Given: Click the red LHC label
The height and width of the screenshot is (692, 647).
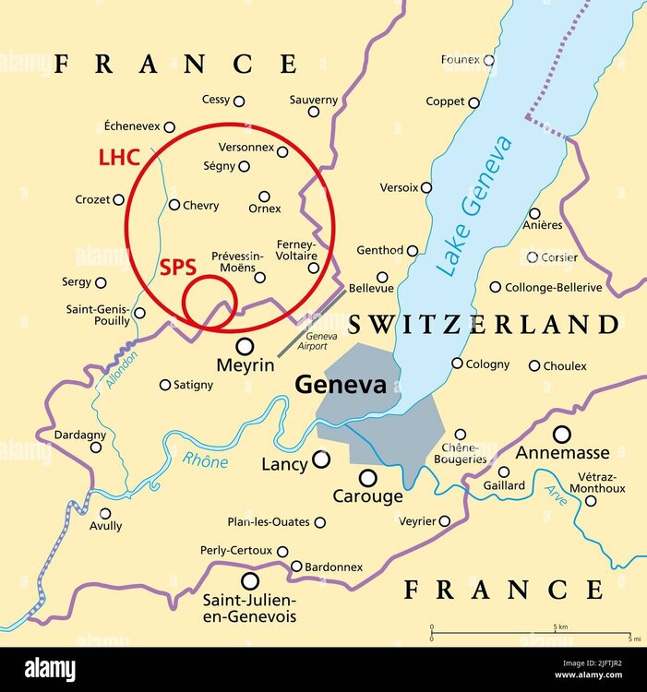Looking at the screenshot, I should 119,158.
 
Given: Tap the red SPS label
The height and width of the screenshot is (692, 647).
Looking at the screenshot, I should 178,268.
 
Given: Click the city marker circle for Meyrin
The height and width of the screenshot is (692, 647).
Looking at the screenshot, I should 245,346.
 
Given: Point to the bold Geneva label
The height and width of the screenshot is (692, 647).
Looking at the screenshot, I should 340,386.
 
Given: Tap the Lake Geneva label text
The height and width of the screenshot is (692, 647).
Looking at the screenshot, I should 476,206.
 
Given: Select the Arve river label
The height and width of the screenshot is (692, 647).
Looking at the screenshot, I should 555,495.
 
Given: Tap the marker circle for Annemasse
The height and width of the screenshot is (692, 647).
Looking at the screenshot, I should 561,434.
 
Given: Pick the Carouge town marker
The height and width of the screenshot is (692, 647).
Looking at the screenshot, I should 367,478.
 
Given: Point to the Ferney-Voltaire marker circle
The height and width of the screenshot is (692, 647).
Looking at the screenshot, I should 314,268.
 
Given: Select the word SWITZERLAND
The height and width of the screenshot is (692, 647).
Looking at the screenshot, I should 483,325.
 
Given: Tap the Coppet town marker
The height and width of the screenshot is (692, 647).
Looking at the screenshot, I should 473,103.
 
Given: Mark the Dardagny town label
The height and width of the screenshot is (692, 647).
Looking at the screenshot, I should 80,435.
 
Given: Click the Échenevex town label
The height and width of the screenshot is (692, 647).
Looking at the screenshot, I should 132,126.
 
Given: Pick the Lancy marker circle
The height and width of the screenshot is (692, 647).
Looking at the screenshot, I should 320,459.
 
